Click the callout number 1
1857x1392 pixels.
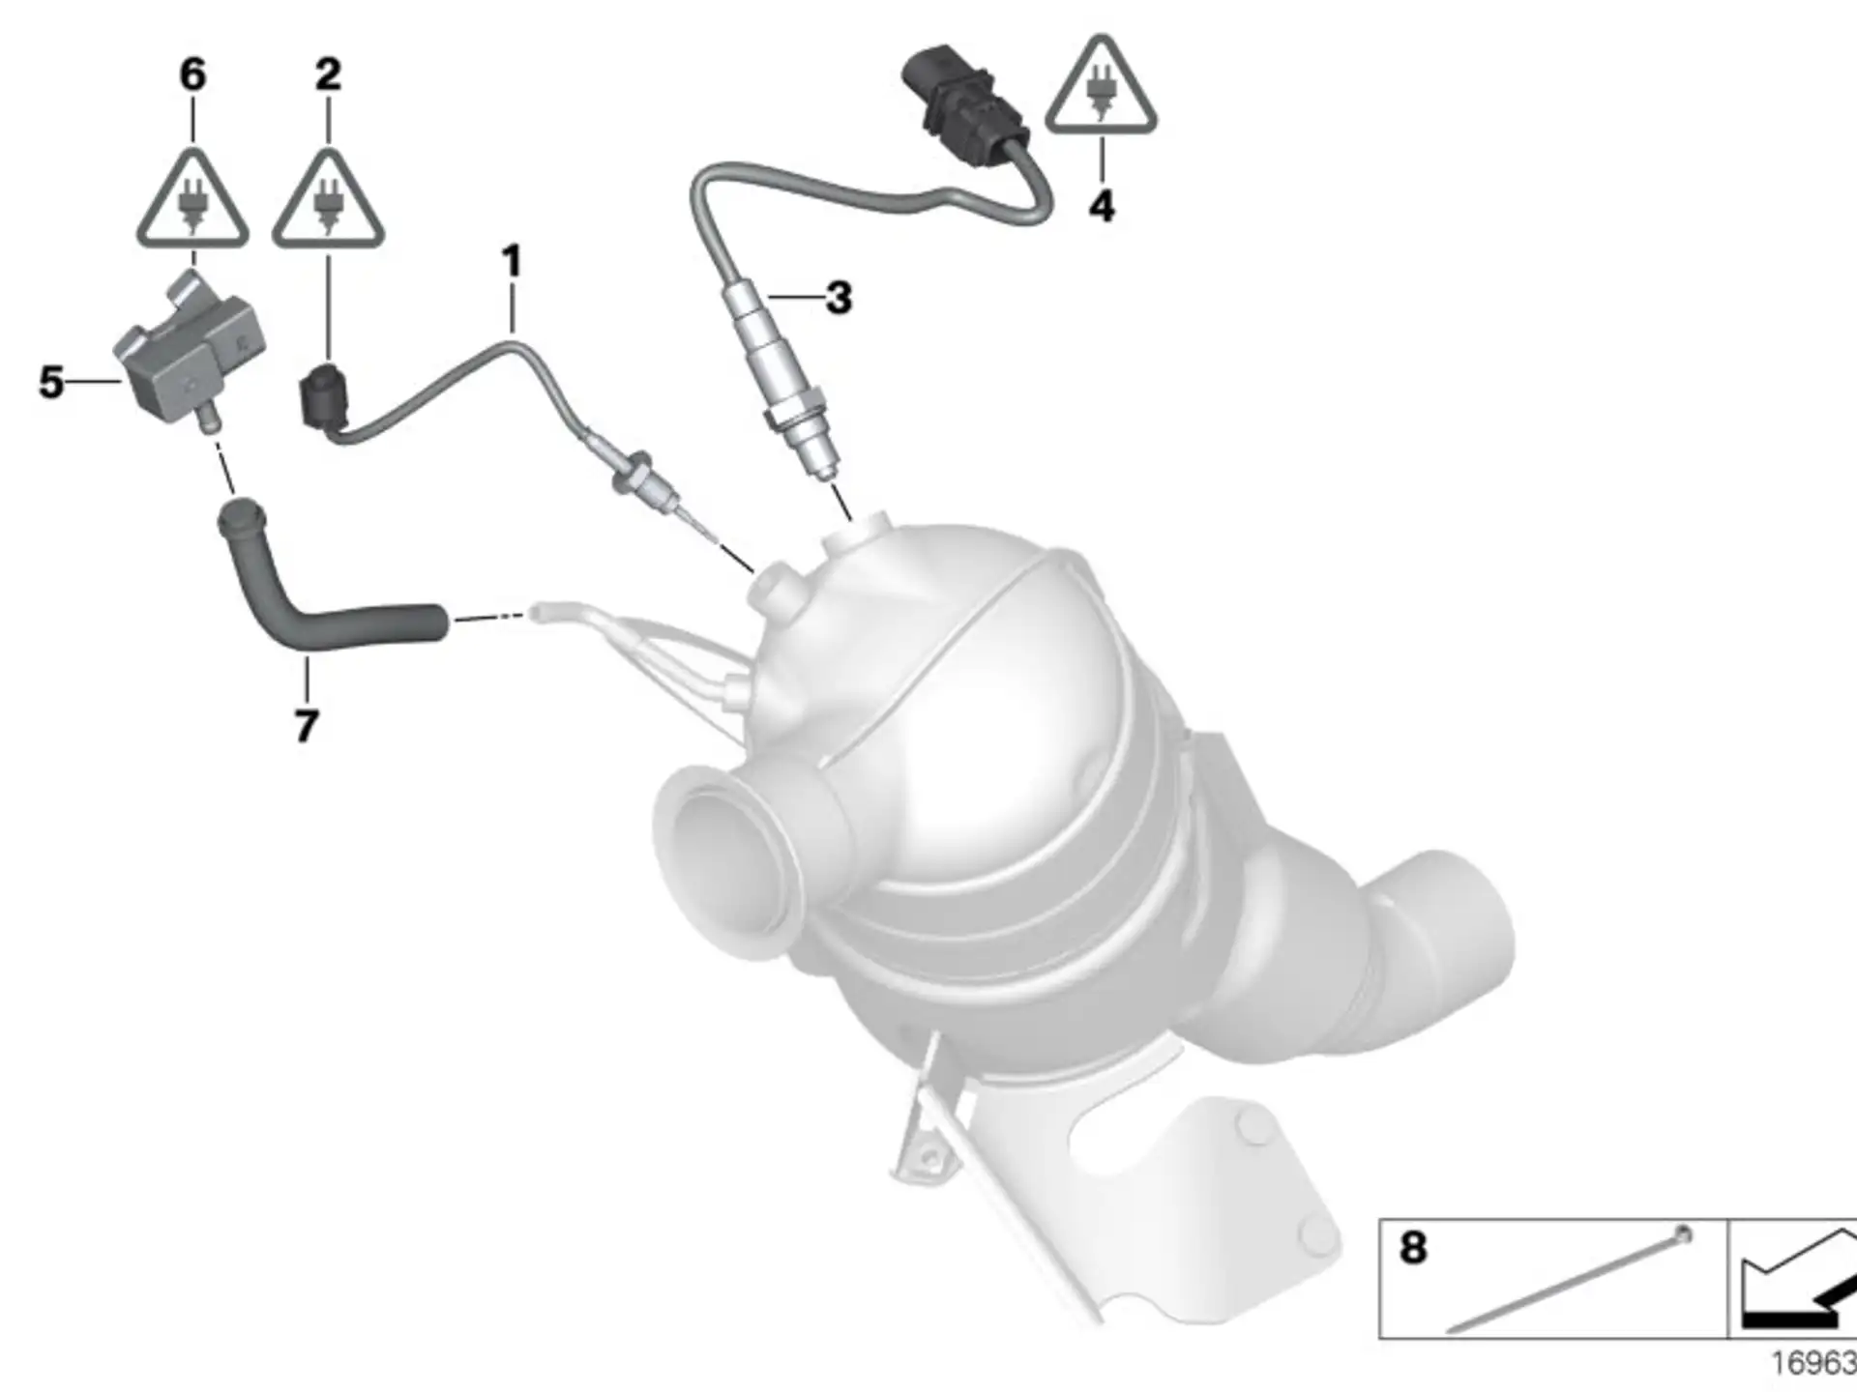click(x=512, y=262)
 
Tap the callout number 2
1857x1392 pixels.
click(x=329, y=74)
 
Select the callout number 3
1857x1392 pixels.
click(x=839, y=298)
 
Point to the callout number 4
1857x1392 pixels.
click(x=1102, y=206)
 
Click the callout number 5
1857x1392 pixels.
click(x=51, y=382)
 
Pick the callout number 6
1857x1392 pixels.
click(x=192, y=74)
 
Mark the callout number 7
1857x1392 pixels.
click(x=307, y=726)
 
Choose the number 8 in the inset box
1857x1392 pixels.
click(x=1413, y=1248)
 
